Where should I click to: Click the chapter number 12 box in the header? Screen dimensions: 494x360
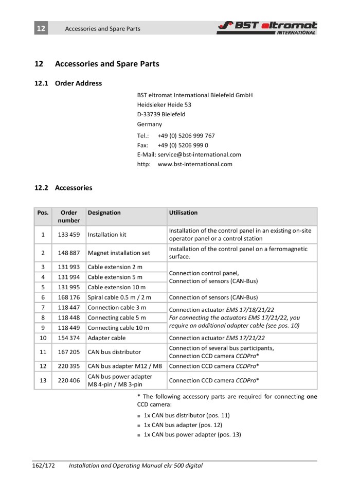click(x=41, y=28)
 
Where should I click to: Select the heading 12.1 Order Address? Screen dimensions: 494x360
click(x=68, y=83)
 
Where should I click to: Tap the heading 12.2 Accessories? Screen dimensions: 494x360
click(x=63, y=188)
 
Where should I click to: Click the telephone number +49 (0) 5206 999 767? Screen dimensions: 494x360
click(x=186, y=136)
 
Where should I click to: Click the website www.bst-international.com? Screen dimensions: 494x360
click(x=195, y=164)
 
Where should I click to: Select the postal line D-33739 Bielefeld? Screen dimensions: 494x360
click(x=161, y=114)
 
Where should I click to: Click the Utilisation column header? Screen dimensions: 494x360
click(x=183, y=213)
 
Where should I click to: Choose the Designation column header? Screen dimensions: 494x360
click(x=104, y=213)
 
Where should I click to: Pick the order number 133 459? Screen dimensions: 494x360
click(x=68, y=235)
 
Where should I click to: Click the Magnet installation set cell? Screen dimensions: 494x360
click(x=119, y=253)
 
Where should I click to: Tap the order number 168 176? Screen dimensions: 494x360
click(x=68, y=297)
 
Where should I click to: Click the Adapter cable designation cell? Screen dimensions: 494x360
click(x=106, y=338)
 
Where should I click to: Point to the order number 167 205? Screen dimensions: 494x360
click(x=68, y=352)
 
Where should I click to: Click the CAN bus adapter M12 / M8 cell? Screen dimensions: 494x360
click(x=125, y=366)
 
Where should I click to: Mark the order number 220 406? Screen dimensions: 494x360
click(x=68, y=381)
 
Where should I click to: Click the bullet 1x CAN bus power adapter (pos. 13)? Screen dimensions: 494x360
click(x=192, y=435)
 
